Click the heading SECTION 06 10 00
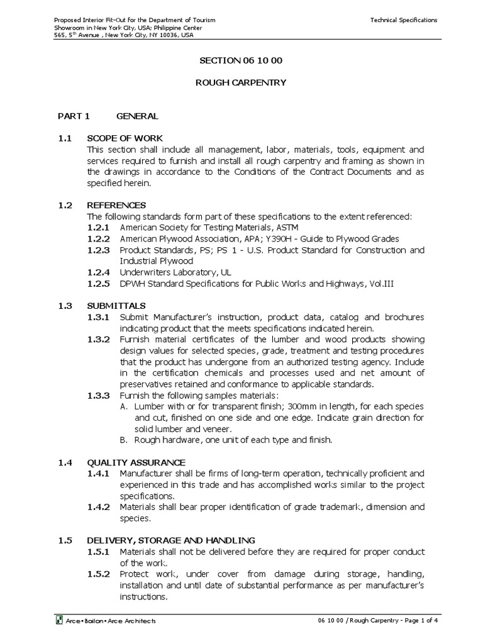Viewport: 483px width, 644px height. point(241,60)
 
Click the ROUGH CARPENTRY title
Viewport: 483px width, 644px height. point(241,82)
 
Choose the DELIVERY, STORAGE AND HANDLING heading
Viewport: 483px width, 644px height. point(171,540)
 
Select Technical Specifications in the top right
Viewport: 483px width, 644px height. point(404,20)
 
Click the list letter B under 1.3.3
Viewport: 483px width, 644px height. point(123,440)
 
